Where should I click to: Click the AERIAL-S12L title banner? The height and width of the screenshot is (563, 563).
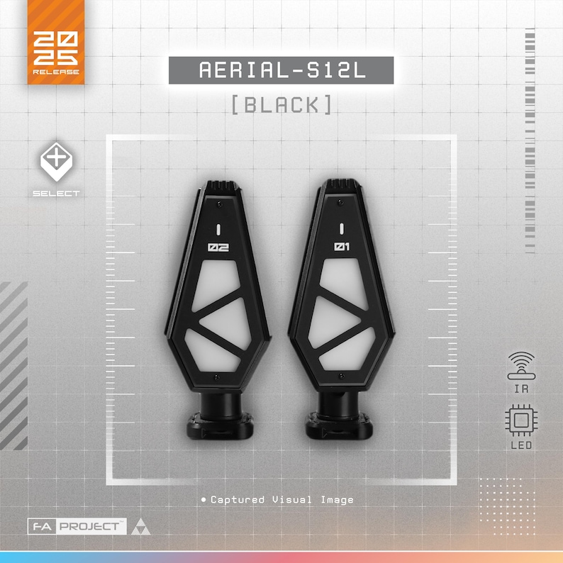281,70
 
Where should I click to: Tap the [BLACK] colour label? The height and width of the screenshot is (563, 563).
281,104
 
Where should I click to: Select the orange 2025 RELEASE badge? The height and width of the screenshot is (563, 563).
56,42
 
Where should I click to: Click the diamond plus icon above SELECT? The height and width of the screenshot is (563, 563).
57,161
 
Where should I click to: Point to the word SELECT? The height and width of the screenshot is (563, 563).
57,194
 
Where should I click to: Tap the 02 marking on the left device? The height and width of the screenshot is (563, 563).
218,247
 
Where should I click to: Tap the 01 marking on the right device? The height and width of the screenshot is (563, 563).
342,246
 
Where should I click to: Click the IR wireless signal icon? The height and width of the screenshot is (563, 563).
521,365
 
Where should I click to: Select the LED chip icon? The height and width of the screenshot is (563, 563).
521,420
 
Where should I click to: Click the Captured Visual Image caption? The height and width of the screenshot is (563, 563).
277,499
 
